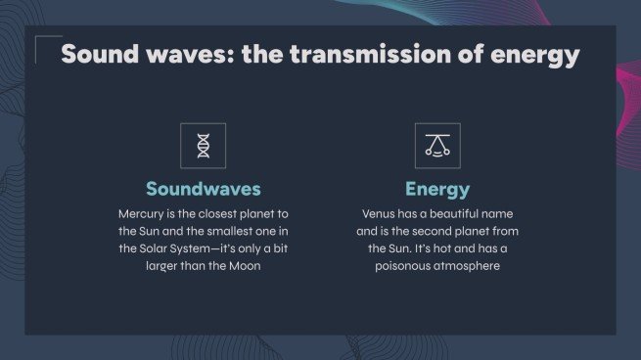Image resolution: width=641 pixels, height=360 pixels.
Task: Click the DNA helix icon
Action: (203, 146)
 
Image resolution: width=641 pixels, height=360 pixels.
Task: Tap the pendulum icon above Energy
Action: (437, 146)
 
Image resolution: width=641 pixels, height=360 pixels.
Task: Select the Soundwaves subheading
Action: (204, 189)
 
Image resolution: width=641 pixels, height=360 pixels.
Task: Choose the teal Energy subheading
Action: (437, 189)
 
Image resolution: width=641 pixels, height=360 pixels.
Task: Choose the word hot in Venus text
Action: (442, 248)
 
